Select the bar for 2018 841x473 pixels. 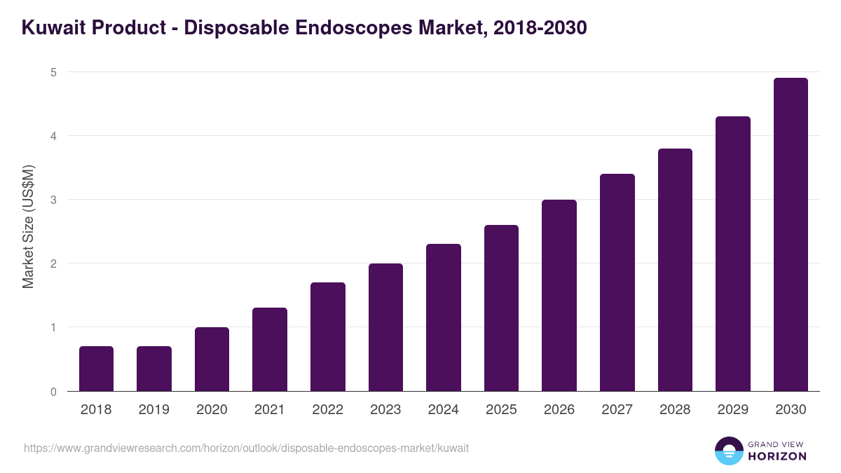coord(96,369)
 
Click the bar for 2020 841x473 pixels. coord(212,359)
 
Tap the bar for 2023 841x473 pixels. coord(385,327)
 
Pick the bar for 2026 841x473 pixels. coord(559,295)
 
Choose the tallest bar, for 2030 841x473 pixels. coord(791,235)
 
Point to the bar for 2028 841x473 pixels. coord(675,270)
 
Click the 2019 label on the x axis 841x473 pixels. coord(153,410)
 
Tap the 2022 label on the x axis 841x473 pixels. coord(327,410)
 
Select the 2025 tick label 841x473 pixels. coord(501,410)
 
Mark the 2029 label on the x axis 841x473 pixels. coord(732,410)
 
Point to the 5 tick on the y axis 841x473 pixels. coord(53,72)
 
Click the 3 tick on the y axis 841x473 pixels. coord(53,200)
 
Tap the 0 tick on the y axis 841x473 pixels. coord(53,392)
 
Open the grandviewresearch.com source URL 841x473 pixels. coord(246,448)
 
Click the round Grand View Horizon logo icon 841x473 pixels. coord(728,451)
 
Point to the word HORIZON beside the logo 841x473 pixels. coord(777,456)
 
